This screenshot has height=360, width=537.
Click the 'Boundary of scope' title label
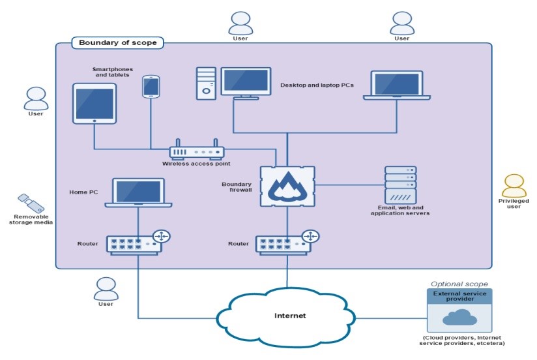(117, 43)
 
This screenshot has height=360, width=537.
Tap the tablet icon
(94, 103)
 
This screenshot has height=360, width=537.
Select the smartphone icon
(151, 87)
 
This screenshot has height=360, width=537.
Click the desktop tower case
(206, 83)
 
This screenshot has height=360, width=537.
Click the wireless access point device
(196, 152)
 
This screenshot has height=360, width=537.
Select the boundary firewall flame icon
(287, 185)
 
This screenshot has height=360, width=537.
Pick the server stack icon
(400, 185)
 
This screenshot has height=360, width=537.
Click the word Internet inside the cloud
(289, 316)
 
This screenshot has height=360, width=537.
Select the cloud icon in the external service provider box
(459, 317)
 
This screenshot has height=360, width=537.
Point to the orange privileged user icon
(514, 185)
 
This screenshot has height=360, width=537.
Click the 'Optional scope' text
(459, 284)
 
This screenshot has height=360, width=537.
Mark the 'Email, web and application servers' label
(399, 210)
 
